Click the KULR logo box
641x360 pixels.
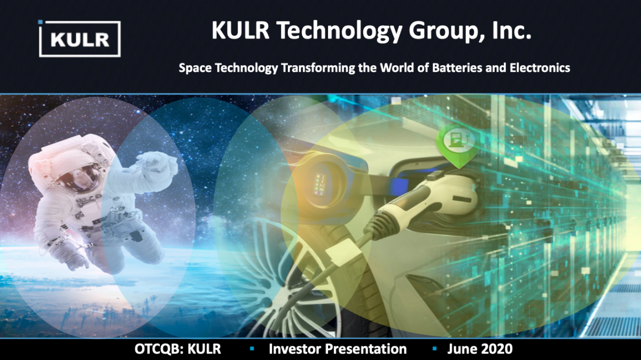click(80, 39)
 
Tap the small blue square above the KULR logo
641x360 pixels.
click(41, 22)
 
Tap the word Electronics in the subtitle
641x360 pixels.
click(540, 68)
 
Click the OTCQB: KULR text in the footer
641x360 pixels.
click(178, 349)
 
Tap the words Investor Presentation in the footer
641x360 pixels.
click(338, 349)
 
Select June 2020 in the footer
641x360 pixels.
click(480, 349)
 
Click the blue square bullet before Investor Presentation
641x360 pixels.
click(252, 349)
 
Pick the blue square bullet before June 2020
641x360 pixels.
click(435, 349)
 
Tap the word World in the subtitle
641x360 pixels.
click(396, 68)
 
